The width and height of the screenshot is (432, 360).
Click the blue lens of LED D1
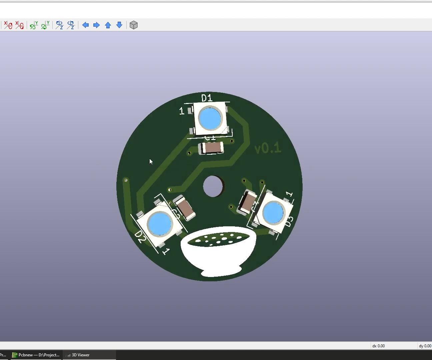pos(210,118)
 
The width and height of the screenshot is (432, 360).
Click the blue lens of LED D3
pos(273,213)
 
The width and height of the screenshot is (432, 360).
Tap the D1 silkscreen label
pos(207,98)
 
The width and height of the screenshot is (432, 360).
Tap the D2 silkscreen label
pos(140,237)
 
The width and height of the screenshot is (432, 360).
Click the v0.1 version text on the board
pos(268,148)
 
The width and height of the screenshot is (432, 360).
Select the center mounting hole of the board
pos(213,186)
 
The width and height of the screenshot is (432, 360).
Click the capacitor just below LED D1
pos(211,148)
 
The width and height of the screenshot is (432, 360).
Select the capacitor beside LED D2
pos(185,208)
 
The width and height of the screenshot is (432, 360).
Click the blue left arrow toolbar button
pos(85,25)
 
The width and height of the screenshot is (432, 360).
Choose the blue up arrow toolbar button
pos(108,25)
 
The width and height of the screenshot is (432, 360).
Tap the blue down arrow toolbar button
pos(119,25)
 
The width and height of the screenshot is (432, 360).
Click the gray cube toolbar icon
pos(134,25)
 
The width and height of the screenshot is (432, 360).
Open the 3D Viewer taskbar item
pos(80,355)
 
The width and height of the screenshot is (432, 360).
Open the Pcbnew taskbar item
pos(36,355)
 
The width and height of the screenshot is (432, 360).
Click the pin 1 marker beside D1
pos(182,111)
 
